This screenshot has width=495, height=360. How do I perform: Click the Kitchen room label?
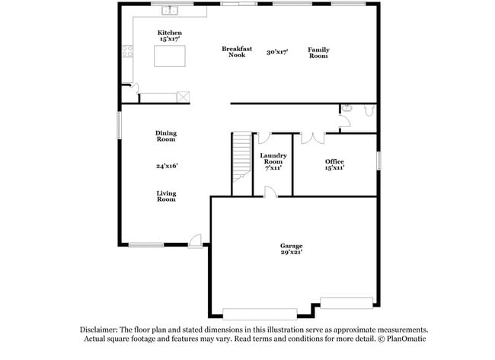click(169, 33)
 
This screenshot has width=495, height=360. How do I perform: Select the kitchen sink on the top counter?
click(170, 11)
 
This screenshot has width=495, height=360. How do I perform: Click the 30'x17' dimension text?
click(277, 52)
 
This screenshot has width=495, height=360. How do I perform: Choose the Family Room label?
click(318, 53)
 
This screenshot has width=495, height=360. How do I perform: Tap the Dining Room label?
click(166, 135)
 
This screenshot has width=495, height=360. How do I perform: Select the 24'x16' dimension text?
click(167, 165)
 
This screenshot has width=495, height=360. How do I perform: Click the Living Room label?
click(166, 196)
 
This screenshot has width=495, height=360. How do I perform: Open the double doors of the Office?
click(312, 138)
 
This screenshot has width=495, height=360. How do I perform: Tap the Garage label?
click(291, 246)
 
